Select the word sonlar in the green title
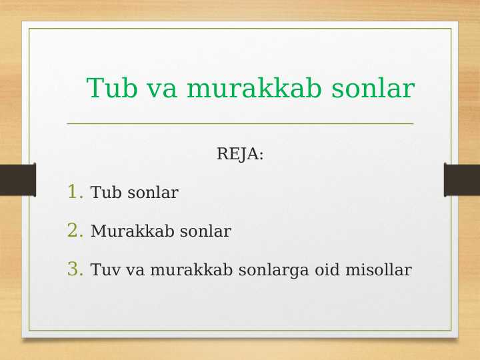pos(373,88)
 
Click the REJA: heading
pos(240,155)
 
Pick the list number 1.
pos(75,193)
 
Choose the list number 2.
pos(75,231)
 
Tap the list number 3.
pos(75,270)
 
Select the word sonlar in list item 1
pos(153,193)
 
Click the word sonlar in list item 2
pos(205,232)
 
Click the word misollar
pos(378,271)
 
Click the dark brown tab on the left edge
pos(17,180)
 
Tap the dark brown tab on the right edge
pos(462,180)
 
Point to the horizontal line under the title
pos(240,123)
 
